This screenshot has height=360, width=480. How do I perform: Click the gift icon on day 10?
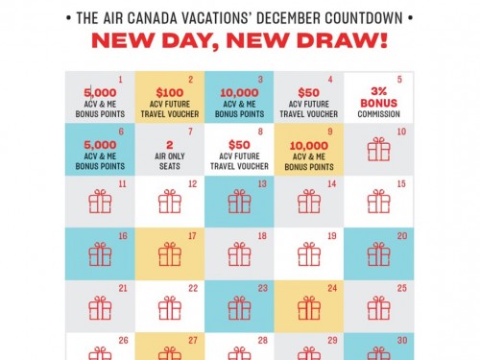[x=378, y=149]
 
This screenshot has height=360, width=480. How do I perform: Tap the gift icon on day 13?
[x=239, y=201]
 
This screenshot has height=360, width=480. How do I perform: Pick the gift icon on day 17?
[x=169, y=253]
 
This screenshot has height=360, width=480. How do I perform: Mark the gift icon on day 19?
[x=309, y=253]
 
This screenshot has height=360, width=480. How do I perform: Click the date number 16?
[x=123, y=235]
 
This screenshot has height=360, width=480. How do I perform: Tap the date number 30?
[x=402, y=339]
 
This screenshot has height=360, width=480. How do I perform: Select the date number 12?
[x=193, y=183]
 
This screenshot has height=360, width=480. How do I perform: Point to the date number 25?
[x=402, y=287]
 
